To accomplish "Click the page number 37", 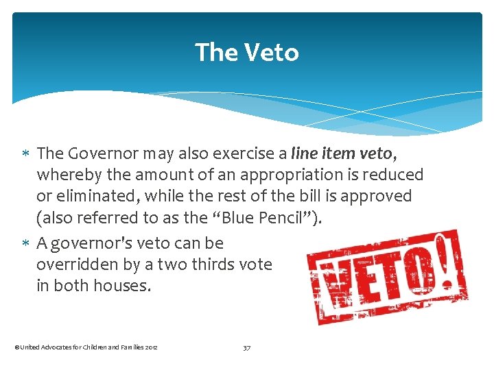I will coord(247,347).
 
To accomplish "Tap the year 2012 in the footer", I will coord(151,348).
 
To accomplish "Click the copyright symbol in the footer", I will coord(16,348).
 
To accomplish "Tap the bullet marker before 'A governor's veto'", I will coord(27,243).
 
